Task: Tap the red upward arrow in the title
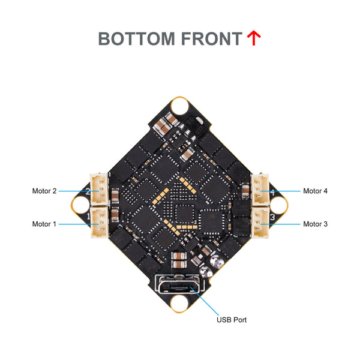pos(254,38)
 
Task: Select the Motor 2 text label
pos(44,191)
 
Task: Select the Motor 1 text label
pos(44,224)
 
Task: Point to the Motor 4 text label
pos(315,191)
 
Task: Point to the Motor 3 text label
pos(315,224)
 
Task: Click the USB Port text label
pos(231,320)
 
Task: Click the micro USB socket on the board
pos(179,284)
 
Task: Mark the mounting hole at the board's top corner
pos(179,106)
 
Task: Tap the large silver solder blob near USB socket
pos(217,262)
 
